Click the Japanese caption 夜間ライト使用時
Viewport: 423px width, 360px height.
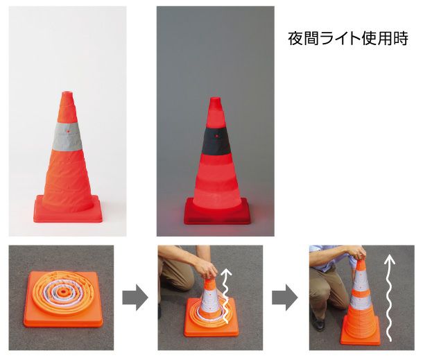pyautogui.click(x=347, y=39)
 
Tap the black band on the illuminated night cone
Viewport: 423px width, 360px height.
pyautogui.click(x=216, y=141)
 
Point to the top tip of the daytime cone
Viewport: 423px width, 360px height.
pyautogui.click(x=68, y=94)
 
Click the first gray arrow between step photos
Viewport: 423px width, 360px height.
pyautogui.click(x=135, y=299)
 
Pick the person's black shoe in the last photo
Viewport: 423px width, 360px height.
pyautogui.click(x=318, y=323)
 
